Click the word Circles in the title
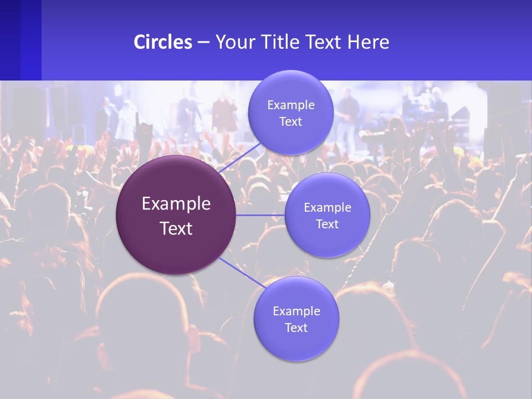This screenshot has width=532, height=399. pyautogui.click(x=162, y=42)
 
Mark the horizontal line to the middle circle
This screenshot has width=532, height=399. pyautogui.click(x=260, y=215)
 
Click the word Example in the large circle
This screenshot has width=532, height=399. pyautogui.click(x=176, y=204)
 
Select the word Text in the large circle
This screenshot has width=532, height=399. pyautogui.click(x=176, y=228)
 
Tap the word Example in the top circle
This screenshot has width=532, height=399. pyautogui.click(x=291, y=105)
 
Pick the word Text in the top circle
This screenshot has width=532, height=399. pyautogui.click(x=291, y=121)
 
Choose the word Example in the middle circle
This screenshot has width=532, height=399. pyautogui.click(x=328, y=208)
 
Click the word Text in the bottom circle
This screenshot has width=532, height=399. pyautogui.click(x=296, y=328)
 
